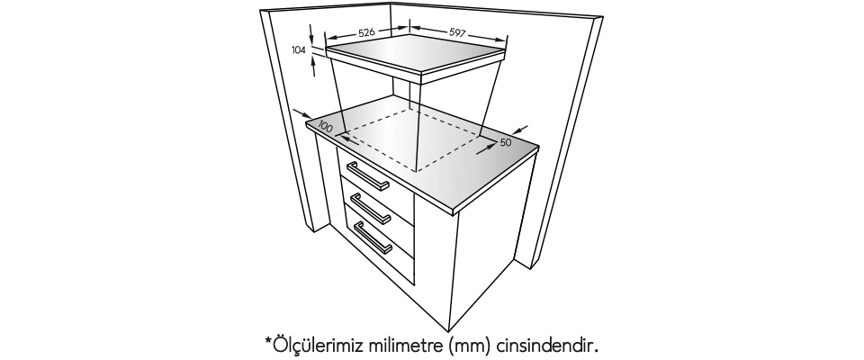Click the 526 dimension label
click(366, 32)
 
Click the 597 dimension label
click(457, 32)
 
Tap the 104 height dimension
click(299, 50)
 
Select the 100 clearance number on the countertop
click(326, 126)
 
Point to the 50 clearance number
click(506, 142)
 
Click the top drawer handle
click(367, 176)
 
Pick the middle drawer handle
click(370, 209)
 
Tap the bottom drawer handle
click(373, 238)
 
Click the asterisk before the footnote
click(269, 341)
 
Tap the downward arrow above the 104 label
click(311, 33)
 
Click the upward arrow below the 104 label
click(313, 67)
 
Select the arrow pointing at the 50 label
click(486, 148)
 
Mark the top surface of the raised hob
click(416, 53)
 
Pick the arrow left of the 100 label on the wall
click(302, 113)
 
